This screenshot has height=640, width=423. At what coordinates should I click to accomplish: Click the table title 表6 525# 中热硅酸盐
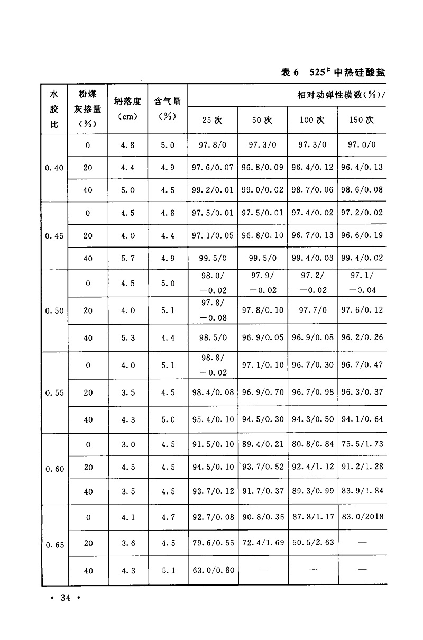pos(333,72)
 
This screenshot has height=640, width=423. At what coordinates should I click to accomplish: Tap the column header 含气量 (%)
pos(167,108)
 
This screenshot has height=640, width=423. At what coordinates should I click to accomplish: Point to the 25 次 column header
pos(212,120)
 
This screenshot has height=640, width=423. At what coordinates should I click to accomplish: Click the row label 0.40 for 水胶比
pos(54,168)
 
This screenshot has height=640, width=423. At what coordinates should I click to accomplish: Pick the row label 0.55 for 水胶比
pos(54,392)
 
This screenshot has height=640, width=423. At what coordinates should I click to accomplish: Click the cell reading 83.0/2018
pos(362,517)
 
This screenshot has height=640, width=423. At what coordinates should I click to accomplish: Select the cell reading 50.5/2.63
pos(313,543)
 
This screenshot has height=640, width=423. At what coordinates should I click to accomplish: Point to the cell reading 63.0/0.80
pos(213,571)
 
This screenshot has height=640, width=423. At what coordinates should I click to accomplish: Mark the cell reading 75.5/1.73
pos(362,444)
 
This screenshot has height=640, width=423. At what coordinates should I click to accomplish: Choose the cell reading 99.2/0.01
pos(213,190)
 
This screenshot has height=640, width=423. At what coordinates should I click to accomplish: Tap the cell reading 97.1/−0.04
pos(362,284)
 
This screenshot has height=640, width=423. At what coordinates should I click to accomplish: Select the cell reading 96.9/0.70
pos(263,392)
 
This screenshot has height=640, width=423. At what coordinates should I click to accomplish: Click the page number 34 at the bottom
pos(66,598)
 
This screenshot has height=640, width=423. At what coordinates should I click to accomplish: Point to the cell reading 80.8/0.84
pos(313,444)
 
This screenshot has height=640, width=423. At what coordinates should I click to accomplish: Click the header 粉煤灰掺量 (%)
pos(87,108)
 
